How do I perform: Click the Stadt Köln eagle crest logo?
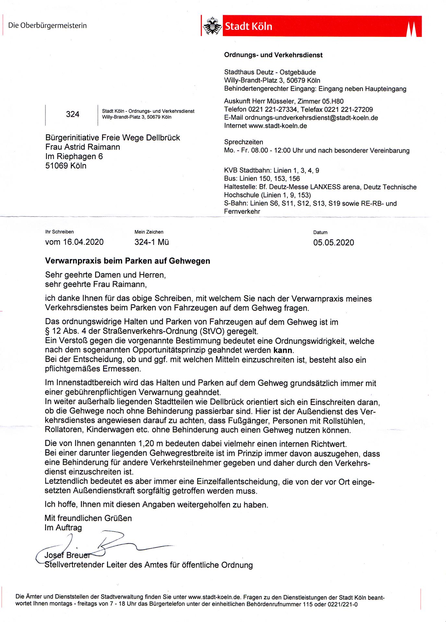pyautogui.click(x=212, y=26)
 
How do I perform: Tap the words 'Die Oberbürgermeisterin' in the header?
pyautogui.click(x=47, y=26)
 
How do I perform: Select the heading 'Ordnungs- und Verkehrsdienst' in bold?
pyautogui.click(x=273, y=55)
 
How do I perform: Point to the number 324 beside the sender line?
pyautogui.click(x=72, y=114)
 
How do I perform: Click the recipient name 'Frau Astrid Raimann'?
pyautogui.click(x=83, y=147)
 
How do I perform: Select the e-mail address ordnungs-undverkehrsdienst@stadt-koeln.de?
pyautogui.click(x=311, y=118)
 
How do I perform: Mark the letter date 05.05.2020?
pyautogui.click(x=333, y=243)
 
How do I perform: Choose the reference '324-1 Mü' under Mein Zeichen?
pyautogui.click(x=151, y=242)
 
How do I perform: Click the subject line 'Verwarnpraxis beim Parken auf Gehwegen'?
pyautogui.click(x=127, y=261)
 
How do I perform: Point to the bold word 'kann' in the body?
pyautogui.click(x=283, y=351)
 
